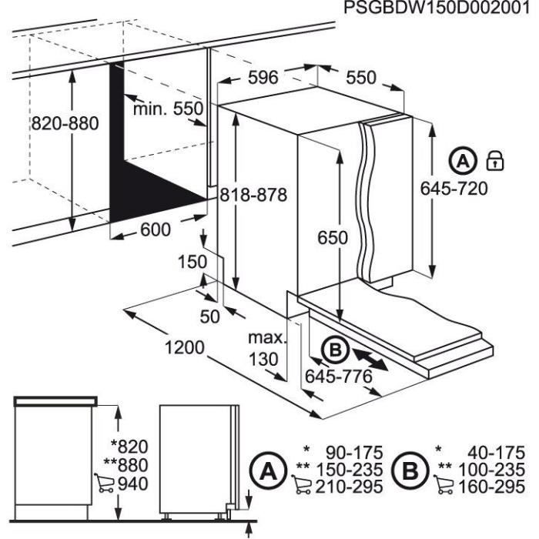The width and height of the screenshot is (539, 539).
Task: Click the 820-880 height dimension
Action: point(65,125)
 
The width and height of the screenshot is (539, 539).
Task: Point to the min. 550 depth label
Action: point(168,109)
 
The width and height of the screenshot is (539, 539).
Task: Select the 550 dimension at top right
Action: point(360,77)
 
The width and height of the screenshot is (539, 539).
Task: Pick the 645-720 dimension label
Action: point(454,189)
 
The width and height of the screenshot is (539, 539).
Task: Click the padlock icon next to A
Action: point(494,162)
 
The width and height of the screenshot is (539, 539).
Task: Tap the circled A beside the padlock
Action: point(463,162)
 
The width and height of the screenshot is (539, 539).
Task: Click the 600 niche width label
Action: point(156,229)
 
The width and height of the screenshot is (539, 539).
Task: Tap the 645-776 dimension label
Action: point(339,377)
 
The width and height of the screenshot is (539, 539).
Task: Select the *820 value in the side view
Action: point(129,446)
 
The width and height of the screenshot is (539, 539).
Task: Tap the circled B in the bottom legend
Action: point(408,469)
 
